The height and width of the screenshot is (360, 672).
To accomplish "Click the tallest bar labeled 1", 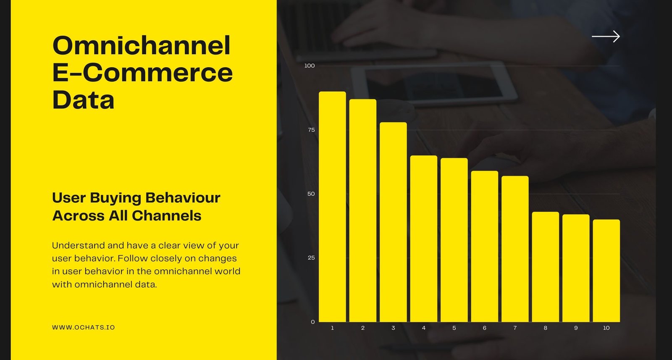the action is (332, 207).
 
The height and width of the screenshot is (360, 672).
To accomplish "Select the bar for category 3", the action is (393, 222).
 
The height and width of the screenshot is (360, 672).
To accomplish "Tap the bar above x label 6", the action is (485, 246).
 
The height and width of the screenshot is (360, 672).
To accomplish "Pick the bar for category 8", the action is (546, 267).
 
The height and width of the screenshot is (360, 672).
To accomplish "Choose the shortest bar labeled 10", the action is (606, 271).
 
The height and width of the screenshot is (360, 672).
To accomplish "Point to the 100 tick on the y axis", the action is (310, 66).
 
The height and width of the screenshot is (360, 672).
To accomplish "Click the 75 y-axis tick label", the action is (311, 130).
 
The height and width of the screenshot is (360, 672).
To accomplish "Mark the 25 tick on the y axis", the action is (311, 258).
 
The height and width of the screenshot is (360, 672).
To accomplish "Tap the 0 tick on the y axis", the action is (313, 322).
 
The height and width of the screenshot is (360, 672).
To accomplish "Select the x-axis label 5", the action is (454, 328).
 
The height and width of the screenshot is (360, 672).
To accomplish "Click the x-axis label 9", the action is (576, 328).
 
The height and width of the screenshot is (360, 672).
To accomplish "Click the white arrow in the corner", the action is (606, 36).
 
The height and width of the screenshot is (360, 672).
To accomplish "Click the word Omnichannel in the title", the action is (141, 45).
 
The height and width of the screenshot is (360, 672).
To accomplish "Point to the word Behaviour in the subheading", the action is (183, 198).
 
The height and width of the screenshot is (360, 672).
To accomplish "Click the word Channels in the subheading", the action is (166, 215).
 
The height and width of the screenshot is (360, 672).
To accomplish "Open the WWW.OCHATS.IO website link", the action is (84, 327).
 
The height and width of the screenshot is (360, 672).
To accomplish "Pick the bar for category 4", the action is (424, 239).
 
